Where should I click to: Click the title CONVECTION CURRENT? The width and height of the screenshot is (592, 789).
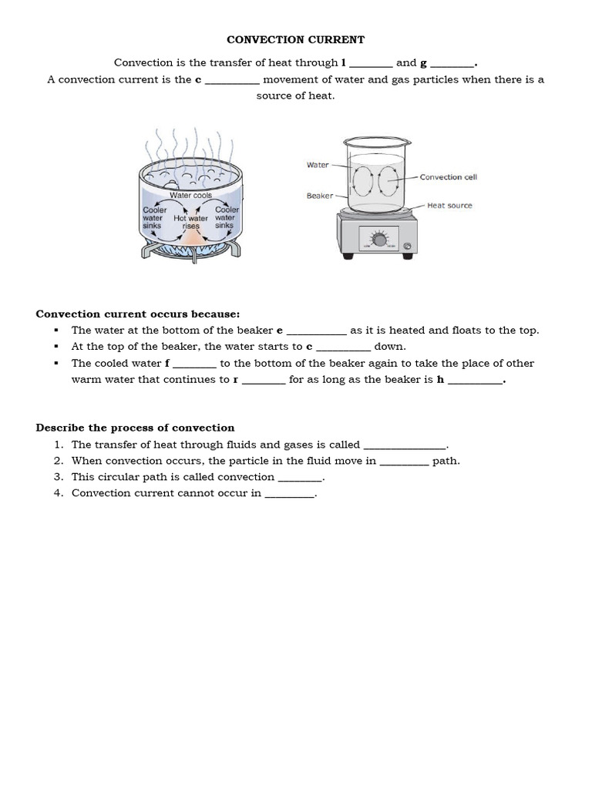296,39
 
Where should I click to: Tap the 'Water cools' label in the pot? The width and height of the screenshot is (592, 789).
190,196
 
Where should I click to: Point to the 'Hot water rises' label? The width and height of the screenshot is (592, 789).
190,222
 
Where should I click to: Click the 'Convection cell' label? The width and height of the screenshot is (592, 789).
448,177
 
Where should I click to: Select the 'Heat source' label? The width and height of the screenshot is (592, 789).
449,206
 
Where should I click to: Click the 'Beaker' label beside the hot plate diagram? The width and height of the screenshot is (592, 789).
319,196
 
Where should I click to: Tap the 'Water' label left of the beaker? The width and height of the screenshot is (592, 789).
318,165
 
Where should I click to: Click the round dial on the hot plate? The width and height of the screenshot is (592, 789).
379,238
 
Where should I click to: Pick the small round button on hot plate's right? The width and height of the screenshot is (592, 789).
408,247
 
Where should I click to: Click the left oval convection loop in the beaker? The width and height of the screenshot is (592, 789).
361,182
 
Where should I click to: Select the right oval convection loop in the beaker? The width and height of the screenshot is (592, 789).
387,181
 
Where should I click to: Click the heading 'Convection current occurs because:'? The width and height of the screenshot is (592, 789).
138,314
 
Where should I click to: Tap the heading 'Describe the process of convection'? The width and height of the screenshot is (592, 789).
135,428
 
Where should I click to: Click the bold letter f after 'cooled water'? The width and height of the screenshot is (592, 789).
167,363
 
